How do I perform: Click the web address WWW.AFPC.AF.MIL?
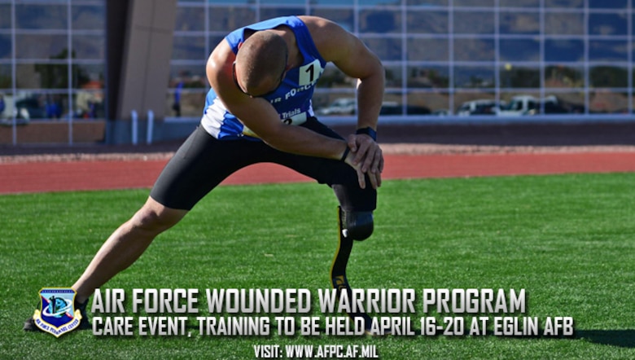[x=331, y=352]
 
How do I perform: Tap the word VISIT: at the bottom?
[x=268, y=352]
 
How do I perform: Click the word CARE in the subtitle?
[x=116, y=327]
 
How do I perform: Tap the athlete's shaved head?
[x=259, y=62]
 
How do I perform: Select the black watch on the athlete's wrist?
[x=366, y=133]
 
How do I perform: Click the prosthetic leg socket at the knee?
[x=357, y=224]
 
